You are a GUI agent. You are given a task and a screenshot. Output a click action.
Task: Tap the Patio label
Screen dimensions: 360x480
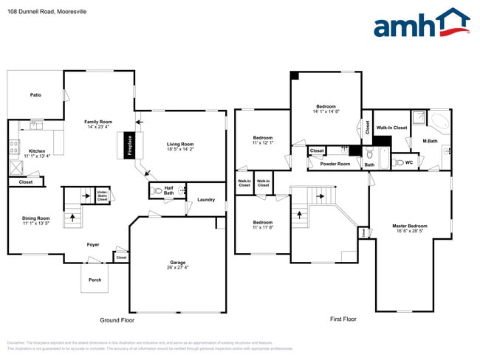(35, 95)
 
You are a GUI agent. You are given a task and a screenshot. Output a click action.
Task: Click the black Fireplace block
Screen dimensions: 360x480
(128, 145)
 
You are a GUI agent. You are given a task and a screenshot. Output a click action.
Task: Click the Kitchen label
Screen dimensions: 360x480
(37, 150)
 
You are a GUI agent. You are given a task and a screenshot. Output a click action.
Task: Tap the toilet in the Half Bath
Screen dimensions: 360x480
(155, 191)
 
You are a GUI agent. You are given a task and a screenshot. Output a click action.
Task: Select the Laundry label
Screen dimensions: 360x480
(206, 200)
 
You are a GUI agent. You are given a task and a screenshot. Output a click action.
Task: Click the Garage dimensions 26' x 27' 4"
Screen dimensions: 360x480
(178, 268)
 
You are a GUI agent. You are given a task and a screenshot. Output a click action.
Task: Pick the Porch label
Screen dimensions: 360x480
(95, 279)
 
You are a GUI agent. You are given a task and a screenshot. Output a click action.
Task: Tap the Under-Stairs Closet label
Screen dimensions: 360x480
(102, 195)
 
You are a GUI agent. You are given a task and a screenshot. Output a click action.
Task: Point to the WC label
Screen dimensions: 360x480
(408, 162)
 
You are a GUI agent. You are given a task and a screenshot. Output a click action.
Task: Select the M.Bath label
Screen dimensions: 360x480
(431, 141)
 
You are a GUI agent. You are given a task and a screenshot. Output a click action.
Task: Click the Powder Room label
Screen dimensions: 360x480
(335, 164)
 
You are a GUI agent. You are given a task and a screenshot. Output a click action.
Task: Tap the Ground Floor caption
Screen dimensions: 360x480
(117, 320)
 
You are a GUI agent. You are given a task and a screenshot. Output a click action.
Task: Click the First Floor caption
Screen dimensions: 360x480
(343, 319)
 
